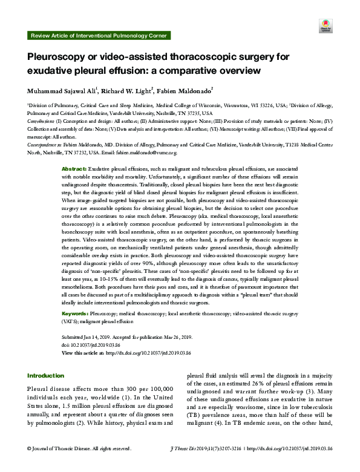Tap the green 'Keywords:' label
click(76, 315)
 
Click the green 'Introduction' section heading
click(45, 375)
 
